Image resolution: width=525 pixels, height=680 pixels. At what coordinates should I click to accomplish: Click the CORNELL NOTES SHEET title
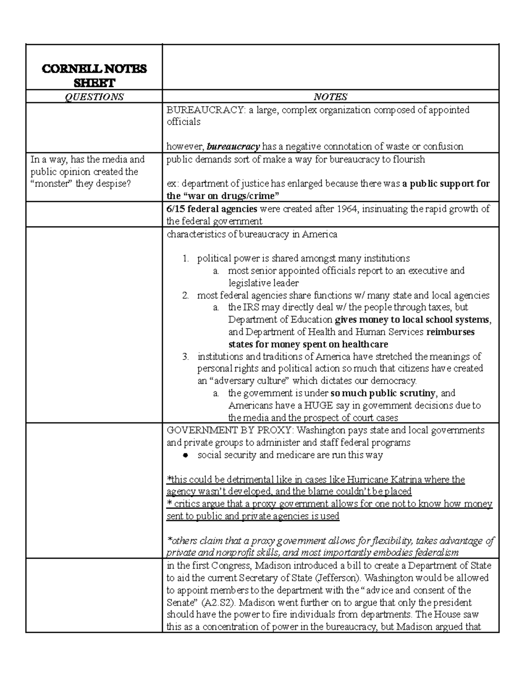pyautogui.click(x=94, y=75)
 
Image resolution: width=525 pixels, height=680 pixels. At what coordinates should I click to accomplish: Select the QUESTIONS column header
pyautogui.click(x=94, y=97)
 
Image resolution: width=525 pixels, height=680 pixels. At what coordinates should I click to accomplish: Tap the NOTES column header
pyautogui.click(x=330, y=97)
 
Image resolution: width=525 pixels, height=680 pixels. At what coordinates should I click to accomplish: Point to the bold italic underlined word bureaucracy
pyautogui.click(x=233, y=146)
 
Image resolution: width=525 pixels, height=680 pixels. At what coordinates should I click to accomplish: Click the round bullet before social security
pyautogui.click(x=185, y=455)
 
